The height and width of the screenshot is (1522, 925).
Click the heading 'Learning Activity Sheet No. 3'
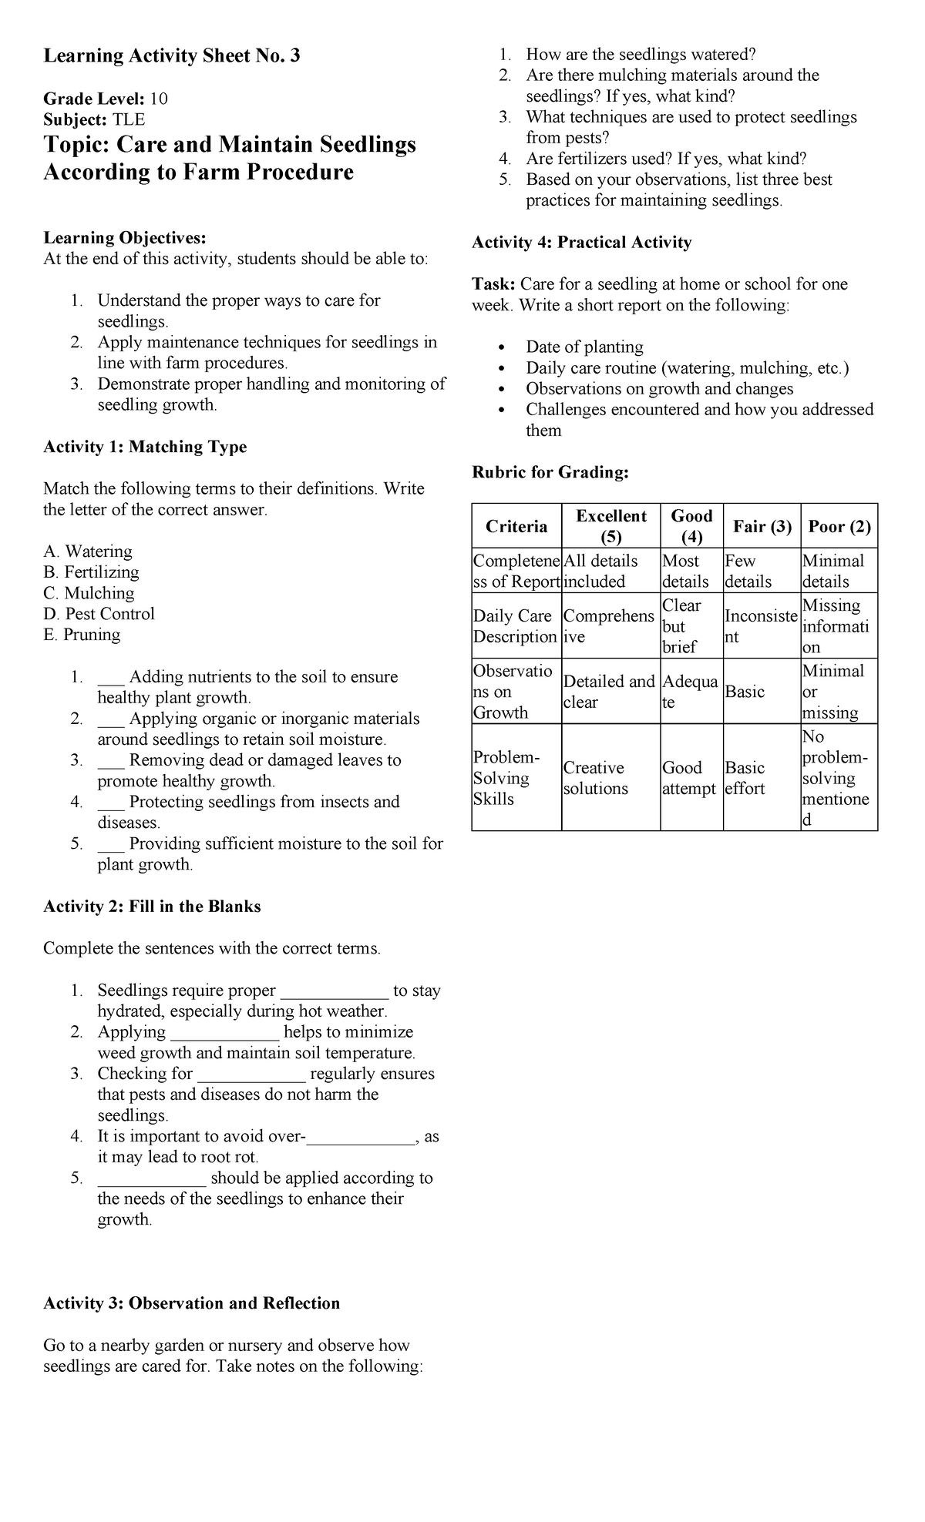[x=171, y=55]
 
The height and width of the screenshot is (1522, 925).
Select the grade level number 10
[x=159, y=99]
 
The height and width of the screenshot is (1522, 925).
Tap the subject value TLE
[x=129, y=119]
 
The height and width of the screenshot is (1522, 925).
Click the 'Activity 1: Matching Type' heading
[x=145, y=447]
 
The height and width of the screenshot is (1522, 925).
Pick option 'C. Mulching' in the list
[x=89, y=593]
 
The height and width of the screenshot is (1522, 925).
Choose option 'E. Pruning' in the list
[x=82, y=635]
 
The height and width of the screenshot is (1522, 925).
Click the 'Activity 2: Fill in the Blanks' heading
[x=152, y=907]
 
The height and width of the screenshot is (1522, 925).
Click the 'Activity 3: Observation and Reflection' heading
[x=191, y=1303]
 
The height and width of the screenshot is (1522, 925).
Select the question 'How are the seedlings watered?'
[x=641, y=55]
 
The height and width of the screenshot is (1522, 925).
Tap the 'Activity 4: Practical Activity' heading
[x=581, y=243]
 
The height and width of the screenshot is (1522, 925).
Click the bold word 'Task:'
[x=493, y=284]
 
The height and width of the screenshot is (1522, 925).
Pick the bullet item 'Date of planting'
[x=584, y=347]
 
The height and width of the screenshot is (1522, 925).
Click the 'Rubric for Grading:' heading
[x=550, y=472]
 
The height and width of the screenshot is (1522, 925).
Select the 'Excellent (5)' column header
[x=610, y=526]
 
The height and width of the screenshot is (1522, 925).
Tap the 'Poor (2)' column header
[x=839, y=527]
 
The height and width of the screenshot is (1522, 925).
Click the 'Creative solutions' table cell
[x=595, y=778]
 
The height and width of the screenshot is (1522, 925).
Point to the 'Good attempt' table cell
[x=689, y=778]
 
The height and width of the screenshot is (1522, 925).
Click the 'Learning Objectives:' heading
[x=124, y=238]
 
